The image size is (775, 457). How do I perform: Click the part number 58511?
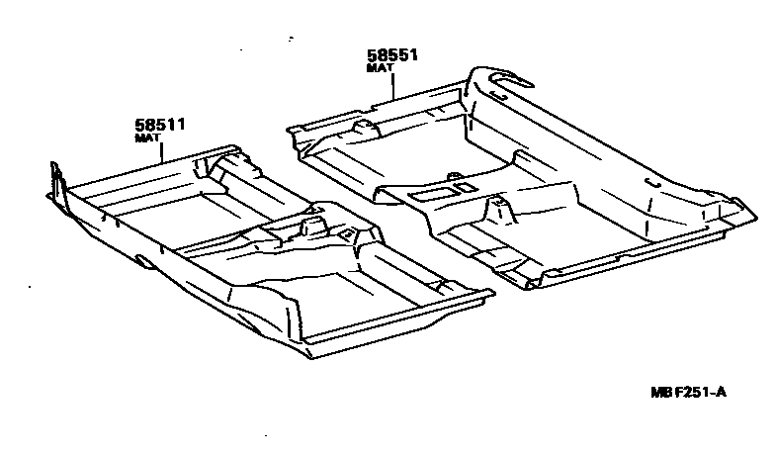(161, 125)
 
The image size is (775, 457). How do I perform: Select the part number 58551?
(392, 56)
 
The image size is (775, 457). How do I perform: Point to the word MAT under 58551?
(379, 69)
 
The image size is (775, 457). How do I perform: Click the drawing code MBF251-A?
(688, 393)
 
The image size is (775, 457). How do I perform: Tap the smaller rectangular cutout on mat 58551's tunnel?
(461, 184)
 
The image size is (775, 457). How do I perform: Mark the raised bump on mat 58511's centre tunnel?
(313, 223)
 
